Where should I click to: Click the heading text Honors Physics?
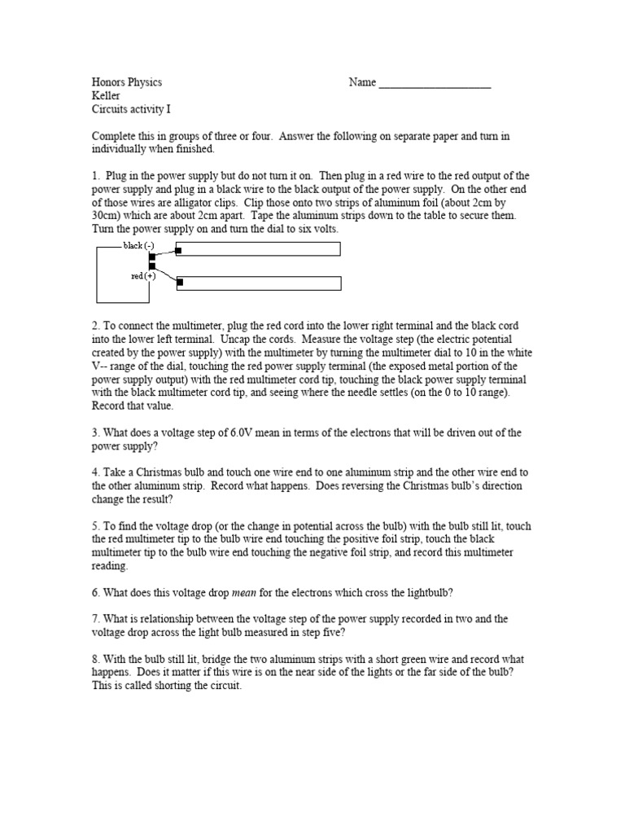(127, 82)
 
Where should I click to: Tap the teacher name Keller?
(107, 95)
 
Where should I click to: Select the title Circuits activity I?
(131, 109)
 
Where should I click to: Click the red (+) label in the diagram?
(142, 276)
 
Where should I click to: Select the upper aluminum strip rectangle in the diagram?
(259, 249)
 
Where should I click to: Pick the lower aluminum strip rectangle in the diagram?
(259, 283)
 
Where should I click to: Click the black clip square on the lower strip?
(180, 283)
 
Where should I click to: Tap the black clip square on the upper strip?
(180, 249)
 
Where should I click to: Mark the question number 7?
(96, 619)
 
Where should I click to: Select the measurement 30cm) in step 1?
(108, 216)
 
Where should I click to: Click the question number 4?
(96, 472)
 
